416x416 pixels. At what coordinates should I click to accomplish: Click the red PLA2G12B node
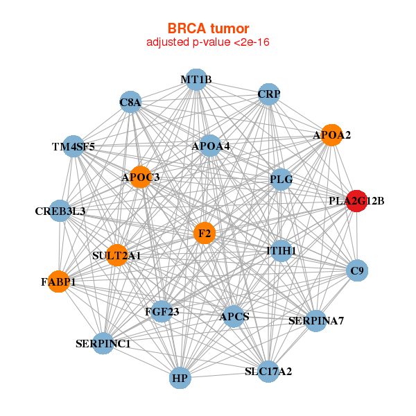coord(356,201)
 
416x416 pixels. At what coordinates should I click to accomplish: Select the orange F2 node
coord(205,234)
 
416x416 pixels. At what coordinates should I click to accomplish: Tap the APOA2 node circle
coord(332,135)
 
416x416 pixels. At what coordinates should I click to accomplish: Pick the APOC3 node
coord(141,177)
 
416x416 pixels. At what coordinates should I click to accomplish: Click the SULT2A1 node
coord(116,255)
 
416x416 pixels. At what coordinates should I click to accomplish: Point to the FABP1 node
coord(58,281)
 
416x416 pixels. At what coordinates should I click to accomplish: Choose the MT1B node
coord(196,80)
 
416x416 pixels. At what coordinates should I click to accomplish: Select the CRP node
coord(268,94)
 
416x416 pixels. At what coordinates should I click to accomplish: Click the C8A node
coord(130,103)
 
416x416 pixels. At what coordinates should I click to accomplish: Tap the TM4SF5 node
coord(73,146)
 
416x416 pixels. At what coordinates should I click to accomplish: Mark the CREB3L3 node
coord(60,211)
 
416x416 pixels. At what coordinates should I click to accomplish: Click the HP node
coord(180,379)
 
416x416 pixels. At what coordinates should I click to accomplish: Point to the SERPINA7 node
coord(316,320)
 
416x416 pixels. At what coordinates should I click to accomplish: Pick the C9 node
coord(357,270)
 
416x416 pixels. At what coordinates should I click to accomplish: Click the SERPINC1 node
coord(103,343)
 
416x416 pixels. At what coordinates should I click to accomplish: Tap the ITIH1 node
coord(281,250)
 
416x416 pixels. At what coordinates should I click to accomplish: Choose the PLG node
coord(281,180)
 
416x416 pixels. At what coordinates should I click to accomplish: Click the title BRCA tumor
coord(208,28)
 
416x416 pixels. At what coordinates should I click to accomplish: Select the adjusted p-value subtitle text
coord(208,42)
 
